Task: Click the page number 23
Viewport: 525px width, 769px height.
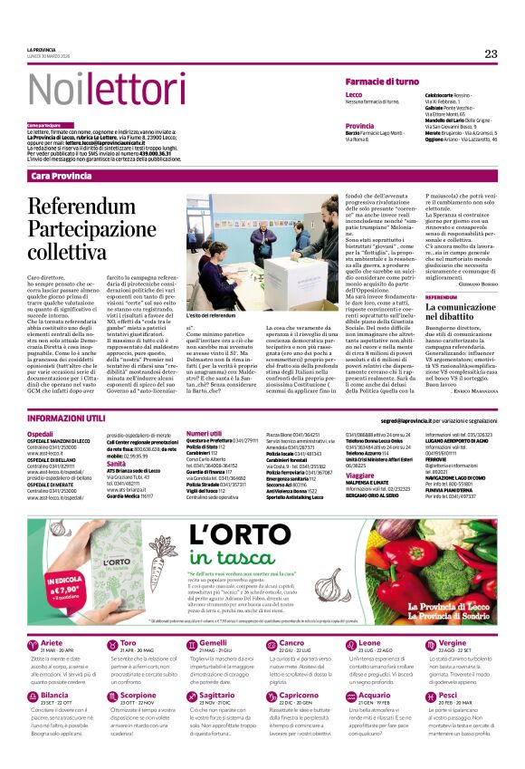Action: click(491, 53)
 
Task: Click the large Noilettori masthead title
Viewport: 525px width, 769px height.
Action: click(93, 88)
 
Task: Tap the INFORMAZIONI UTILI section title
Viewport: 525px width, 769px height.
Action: click(66, 419)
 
